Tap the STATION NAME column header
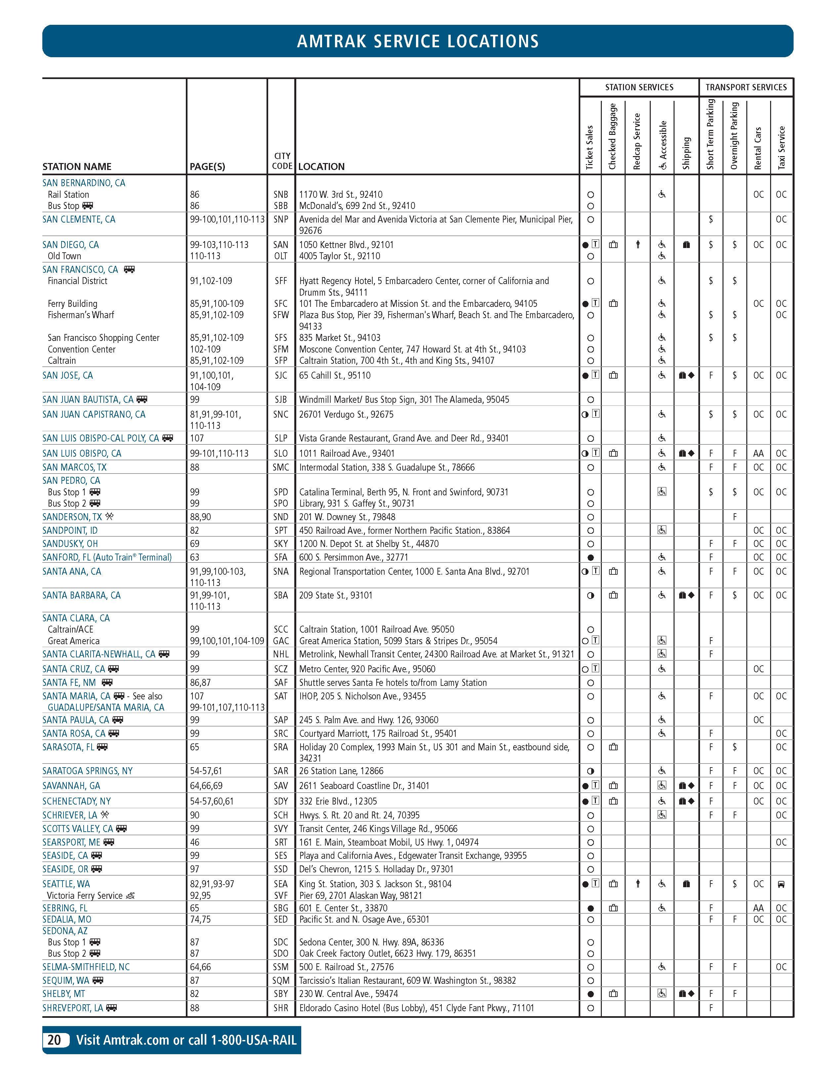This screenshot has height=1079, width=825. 77,166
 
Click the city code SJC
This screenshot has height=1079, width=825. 281,375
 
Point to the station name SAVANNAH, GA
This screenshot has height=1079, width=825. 71,785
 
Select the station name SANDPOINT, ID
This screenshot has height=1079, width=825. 70,530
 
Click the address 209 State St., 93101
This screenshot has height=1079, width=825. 336,595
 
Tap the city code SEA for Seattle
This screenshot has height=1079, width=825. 281,884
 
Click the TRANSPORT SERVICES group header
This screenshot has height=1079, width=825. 746,87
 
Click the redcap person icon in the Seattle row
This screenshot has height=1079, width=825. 638,884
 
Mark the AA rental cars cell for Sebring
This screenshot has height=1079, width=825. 758,908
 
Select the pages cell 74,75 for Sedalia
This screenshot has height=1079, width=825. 200,919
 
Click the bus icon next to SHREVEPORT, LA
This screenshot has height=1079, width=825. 112,1008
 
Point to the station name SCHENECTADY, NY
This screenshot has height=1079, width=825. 77,801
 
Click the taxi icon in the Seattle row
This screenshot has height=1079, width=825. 781,884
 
